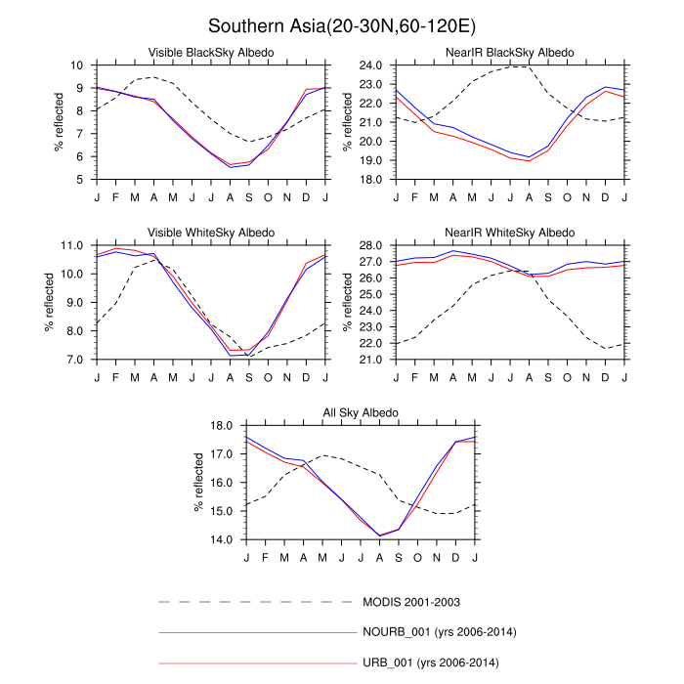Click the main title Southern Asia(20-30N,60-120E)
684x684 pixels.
click(x=342, y=23)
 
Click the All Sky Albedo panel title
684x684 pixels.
click(x=361, y=411)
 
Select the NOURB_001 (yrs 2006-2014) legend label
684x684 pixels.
click(x=439, y=632)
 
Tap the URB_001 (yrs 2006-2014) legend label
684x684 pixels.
click(x=431, y=663)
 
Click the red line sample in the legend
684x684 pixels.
click(x=259, y=663)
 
